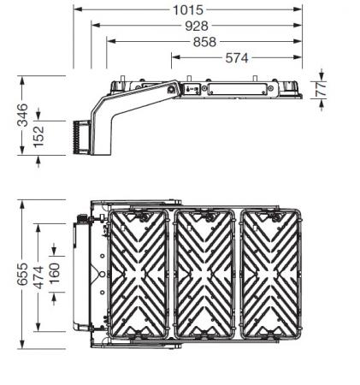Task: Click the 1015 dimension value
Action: click(x=187, y=9)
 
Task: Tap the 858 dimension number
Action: click(x=204, y=42)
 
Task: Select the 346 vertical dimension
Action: click(x=23, y=115)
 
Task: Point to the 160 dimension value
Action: click(x=56, y=275)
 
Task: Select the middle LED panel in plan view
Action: click(x=205, y=272)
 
